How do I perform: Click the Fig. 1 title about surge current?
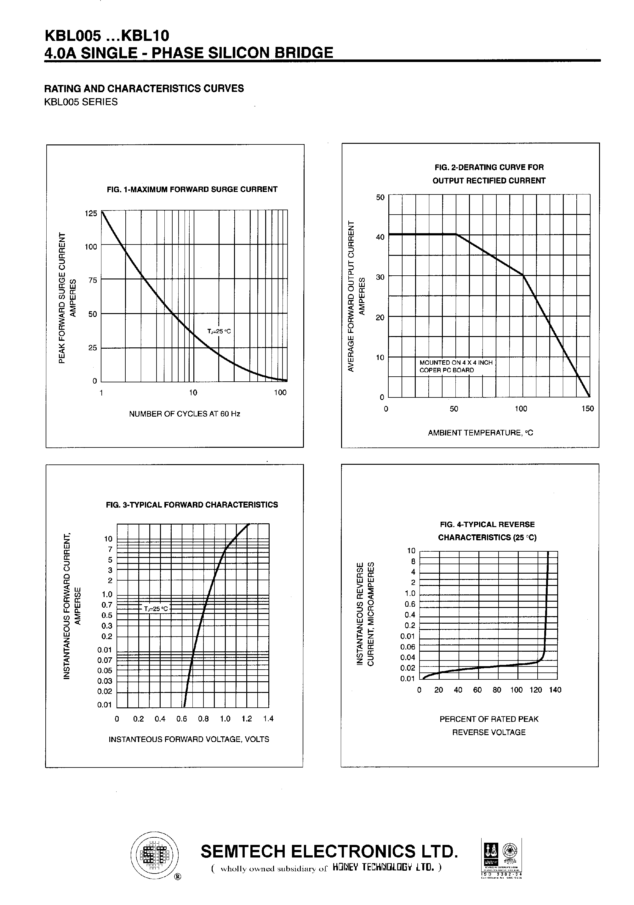point(192,190)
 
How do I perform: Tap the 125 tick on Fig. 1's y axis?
point(91,214)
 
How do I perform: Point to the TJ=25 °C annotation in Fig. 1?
point(219,331)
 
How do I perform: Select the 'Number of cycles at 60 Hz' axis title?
point(185,414)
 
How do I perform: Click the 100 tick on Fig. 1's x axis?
point(280,393)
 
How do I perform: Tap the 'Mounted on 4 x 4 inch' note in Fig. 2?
point(456,363)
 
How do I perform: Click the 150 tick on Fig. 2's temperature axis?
point(587,409)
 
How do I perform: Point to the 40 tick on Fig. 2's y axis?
point(380,237)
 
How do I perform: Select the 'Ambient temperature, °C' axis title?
point(480,433)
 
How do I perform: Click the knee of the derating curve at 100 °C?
point(523,276)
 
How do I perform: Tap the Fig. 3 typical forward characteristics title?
point(192,505)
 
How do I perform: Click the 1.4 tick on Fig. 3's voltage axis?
point(268,719)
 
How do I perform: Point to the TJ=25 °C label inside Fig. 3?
point(156,609)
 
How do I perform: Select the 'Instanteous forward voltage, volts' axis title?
point(189,739)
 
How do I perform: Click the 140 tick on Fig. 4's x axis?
point(555,690)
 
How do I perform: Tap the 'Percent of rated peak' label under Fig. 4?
point(489,719)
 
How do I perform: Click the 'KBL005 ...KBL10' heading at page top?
point(107,36)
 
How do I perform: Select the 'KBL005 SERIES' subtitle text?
point(81,102)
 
